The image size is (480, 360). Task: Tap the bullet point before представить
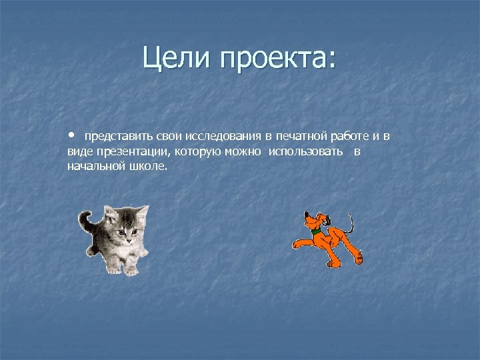[71, 135]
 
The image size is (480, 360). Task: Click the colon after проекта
[331, 61]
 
